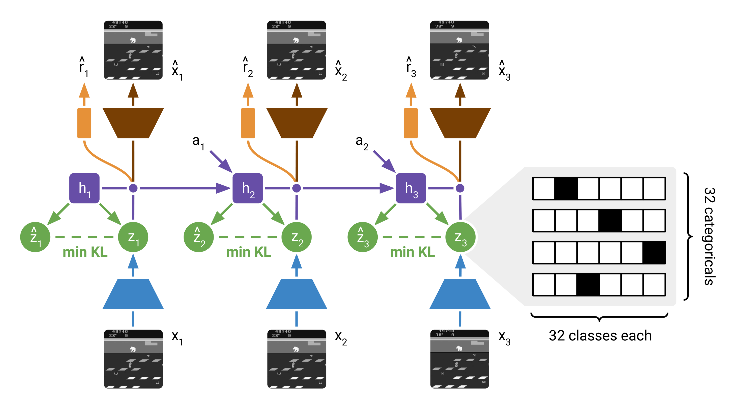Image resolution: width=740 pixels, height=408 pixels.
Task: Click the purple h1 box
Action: tap(84, 188)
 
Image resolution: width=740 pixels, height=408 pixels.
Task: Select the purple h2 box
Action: tap(247, 188)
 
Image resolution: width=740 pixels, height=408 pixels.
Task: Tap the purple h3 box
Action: tap(411, 188)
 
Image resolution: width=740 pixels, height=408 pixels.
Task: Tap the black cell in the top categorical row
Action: tap(566, 188)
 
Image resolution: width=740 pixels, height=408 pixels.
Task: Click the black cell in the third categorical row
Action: tap(654, 252)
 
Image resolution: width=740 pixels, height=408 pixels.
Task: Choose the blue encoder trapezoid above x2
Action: tap(297, 294)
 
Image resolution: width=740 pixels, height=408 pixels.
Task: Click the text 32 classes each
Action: tap(600, 336)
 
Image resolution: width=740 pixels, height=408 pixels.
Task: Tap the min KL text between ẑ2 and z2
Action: tap(249, 252)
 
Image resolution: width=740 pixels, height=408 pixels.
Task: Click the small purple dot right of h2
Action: tap(297, 188)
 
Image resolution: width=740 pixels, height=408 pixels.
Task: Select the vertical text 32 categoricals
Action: tap(710, 236)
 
